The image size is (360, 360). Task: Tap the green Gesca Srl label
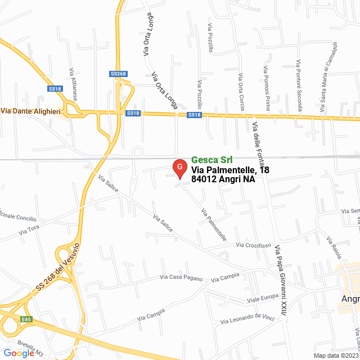211,160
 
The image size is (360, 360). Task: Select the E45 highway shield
26,319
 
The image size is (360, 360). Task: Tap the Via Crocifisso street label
254,245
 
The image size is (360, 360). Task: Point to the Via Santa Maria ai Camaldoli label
328,73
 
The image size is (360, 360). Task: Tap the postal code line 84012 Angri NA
223,180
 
